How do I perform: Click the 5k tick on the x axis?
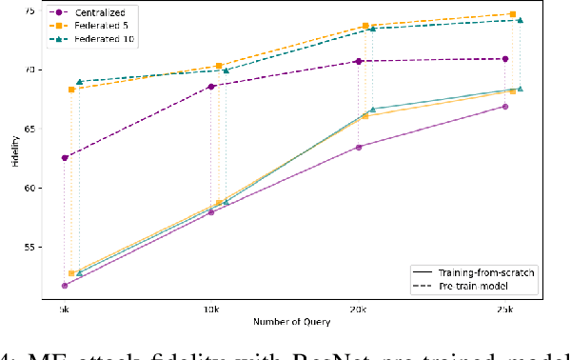coord(64,310)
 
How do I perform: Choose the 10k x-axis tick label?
coord(211,310)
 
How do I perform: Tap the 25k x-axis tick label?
coord(505,310)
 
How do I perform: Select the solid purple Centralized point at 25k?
coord(505,107)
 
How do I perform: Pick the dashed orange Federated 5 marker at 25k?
coord(513,14)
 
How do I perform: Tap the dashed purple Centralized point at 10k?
coord(211,86)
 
